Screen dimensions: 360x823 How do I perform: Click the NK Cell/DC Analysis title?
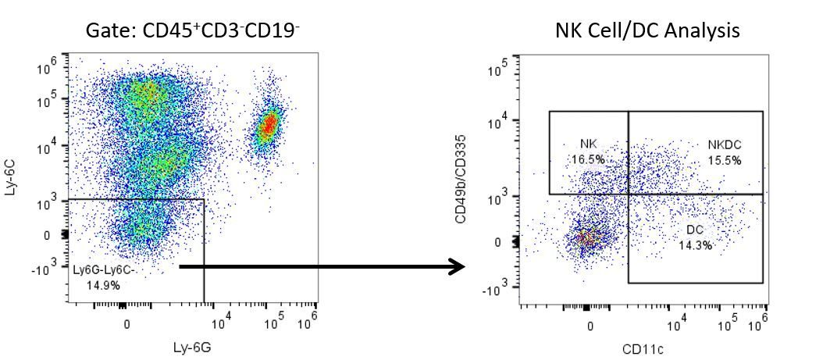pyautogui.click(x=647, y=30)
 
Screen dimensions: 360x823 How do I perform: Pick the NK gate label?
pyautogui.click(x=589, y=144)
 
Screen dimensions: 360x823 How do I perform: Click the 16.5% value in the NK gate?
pyautogui.click(x=588, y=159)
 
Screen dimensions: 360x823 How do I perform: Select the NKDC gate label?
pyautogui.click(x=725, y=144)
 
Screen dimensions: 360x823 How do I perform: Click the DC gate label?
pyautogui.click(x=695, y=230)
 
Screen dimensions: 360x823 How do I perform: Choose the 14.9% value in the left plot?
pyautogui.click(x=104, y=285)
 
